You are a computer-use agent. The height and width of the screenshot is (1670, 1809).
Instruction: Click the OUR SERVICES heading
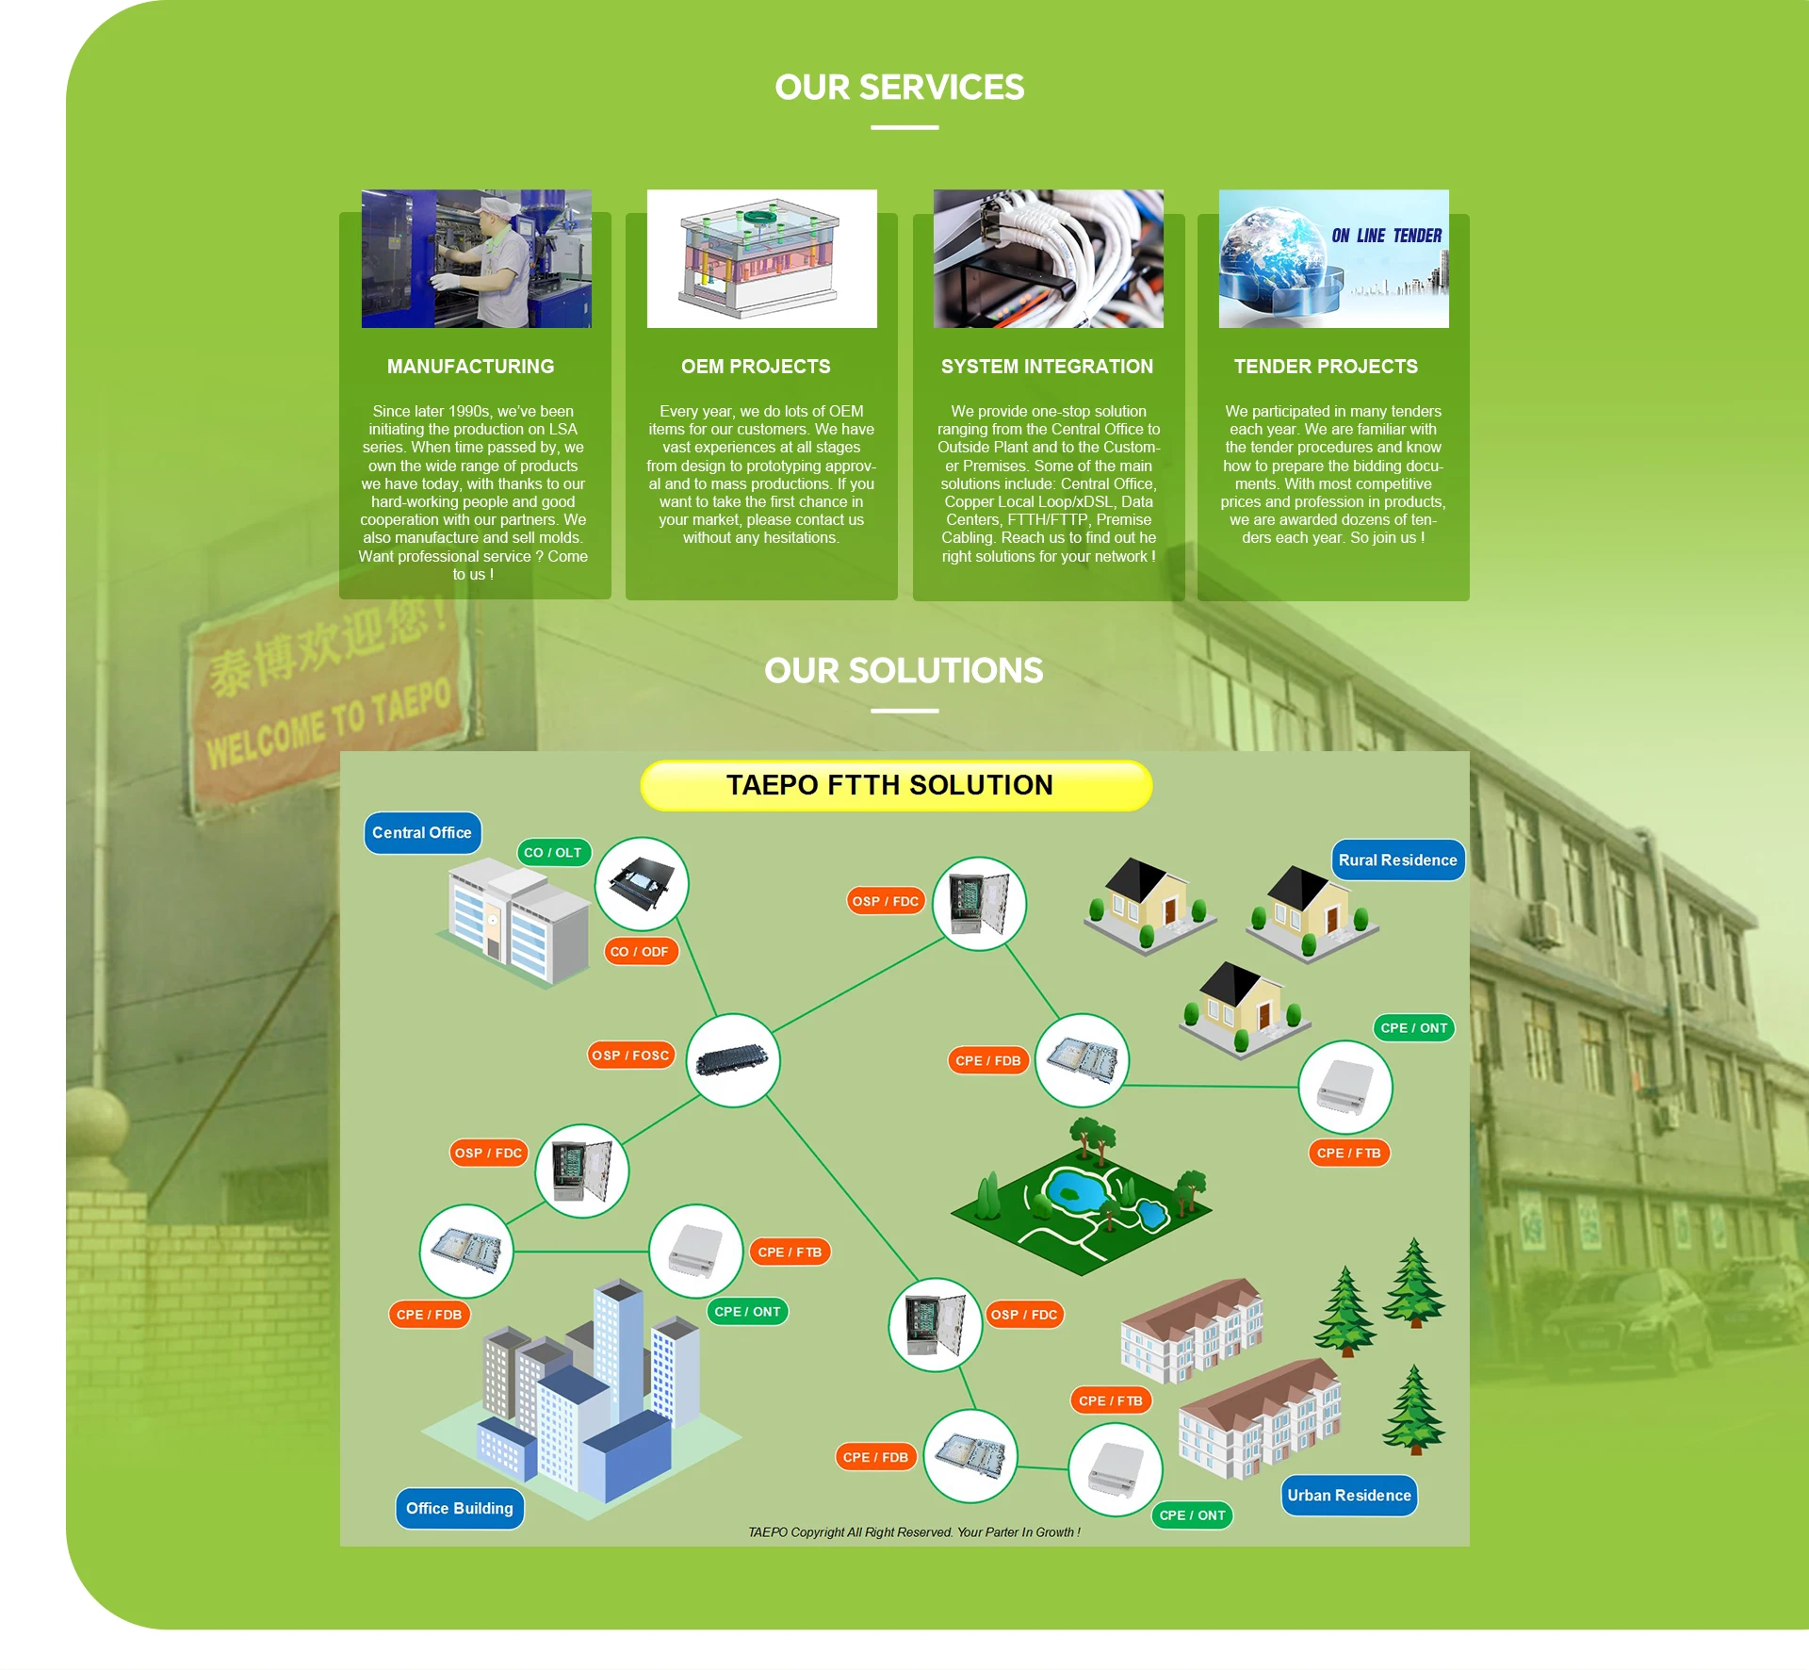coord(899,88)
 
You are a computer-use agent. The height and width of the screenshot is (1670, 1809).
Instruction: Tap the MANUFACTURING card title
coord(470,367)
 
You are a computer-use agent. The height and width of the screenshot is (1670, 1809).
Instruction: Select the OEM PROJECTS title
coord(756,367)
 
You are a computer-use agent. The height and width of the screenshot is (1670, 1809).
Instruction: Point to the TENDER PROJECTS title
coord(1326,367)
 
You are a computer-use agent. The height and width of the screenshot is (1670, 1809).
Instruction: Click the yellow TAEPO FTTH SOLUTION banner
coord(895,785)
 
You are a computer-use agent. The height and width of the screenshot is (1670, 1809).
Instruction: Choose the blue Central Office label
coord(422,833)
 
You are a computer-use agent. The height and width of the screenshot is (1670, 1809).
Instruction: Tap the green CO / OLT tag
coord(553,853)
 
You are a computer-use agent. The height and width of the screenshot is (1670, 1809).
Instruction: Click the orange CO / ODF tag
coord(640,952)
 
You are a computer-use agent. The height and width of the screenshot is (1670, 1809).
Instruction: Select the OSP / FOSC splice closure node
coord(733,1060)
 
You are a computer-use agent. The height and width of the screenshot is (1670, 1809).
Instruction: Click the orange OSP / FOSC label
coord(630,1056)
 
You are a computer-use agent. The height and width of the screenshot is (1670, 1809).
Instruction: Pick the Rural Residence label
coord(1397,860)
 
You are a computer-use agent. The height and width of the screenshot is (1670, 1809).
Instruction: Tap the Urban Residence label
coord(1349,1496)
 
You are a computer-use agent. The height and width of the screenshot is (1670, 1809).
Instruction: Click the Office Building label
coord(460,1509)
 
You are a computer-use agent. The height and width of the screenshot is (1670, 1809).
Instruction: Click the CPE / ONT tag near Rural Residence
coord(1413,1028)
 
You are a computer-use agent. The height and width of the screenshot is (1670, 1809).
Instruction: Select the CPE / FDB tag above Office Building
coord(430,1315)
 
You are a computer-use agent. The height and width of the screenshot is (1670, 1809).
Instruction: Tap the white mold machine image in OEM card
coord(761,258)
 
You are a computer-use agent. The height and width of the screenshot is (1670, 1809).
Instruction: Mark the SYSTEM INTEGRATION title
coord(1047,367)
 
